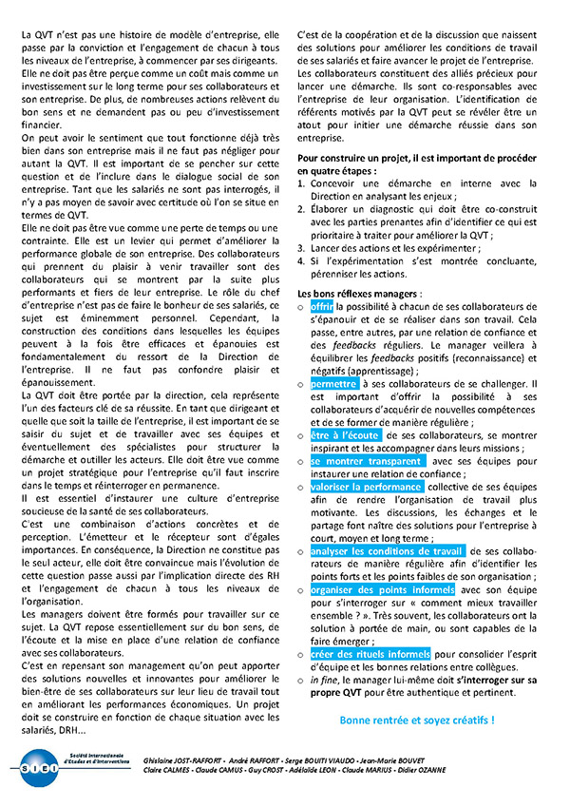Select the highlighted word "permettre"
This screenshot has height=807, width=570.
pyautogui.click(x=334, y=383)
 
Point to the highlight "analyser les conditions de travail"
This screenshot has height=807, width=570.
pyautogui.click(x=388, y=551)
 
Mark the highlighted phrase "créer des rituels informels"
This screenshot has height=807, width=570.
pyautogui.click(x=370, y=654)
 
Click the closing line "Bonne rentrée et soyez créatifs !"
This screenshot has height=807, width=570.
pyautogui.click(x=417, y=721)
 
